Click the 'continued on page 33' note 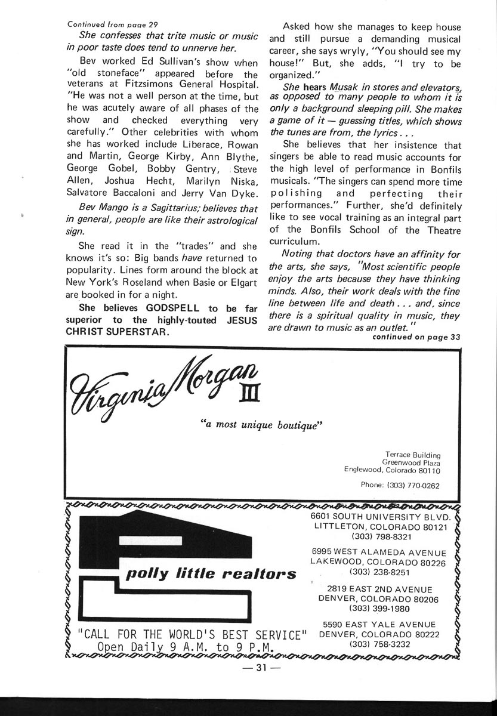[416, 337]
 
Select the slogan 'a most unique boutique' [261, 425]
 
